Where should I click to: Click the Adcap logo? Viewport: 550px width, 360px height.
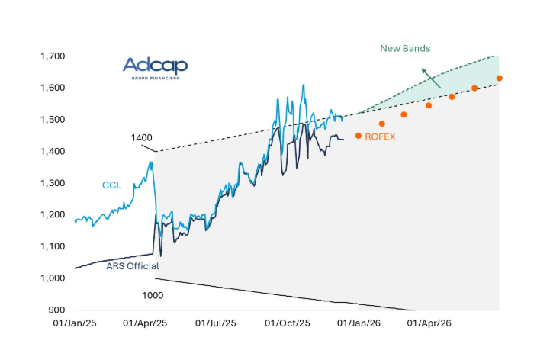(x=155, y=67)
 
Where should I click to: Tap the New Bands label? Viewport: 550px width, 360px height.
(x=405, y=48)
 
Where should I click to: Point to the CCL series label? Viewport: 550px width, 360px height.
(x=111, y=185)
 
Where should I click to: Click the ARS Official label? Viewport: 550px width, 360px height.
(x=132, y=266)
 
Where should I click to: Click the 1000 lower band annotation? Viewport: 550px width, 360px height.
(x=153, y=294)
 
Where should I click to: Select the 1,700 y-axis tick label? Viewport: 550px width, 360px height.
(x=52, y=56)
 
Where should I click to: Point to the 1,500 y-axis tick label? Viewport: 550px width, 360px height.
(x=52, y=120)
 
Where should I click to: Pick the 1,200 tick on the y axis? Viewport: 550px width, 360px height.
(x=52, y=215)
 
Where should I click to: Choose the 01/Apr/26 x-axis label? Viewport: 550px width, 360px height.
(x=430, y=323)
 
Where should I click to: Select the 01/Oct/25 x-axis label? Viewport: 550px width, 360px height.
(x=288, y=323)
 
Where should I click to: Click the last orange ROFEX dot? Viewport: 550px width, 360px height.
(x=500, y=78)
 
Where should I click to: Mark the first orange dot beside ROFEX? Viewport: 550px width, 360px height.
(x=359, y=136)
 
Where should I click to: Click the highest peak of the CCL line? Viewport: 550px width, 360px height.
(x=304, y=85)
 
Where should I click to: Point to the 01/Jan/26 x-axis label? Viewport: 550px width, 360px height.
(x=359, y=323)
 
